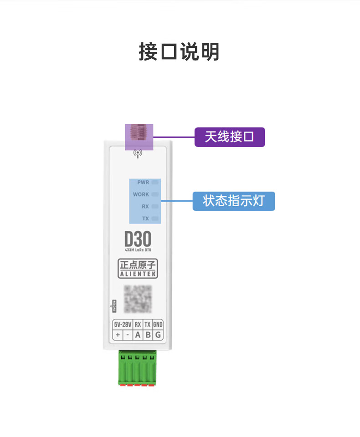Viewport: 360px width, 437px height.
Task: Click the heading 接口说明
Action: click(x=179, y=52)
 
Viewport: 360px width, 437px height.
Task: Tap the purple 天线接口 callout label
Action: click(x=230, y=137)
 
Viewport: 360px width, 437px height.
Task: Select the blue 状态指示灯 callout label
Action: click(x=234, y=201)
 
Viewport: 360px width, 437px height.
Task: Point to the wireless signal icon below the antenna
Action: click(x=138, y=153)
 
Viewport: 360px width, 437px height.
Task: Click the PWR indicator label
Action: click(x=143, y=183)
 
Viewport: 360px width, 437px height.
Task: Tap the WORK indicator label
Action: click(x=141, y=194)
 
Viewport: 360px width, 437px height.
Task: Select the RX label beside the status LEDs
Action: click(x=145, y=207)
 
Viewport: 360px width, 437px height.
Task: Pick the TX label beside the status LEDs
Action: click(x=145, y=218)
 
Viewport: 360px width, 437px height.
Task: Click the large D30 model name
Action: click(x=137, y=239)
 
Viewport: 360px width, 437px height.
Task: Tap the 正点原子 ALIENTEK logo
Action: click(x=138, y=269)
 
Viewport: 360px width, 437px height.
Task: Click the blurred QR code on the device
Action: click(x=138, y=299)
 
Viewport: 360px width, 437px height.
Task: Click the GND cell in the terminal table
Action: click(x=158, y=325)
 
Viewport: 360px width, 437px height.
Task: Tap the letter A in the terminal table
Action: click(x=138, y=335)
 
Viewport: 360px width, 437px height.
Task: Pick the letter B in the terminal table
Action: click(x=148, y=335)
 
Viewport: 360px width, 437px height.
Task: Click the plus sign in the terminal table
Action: click(x=118, y=335)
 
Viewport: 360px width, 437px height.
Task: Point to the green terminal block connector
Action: click(x=138, y=368)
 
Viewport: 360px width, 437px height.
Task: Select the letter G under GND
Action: click(x=158, y=335)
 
